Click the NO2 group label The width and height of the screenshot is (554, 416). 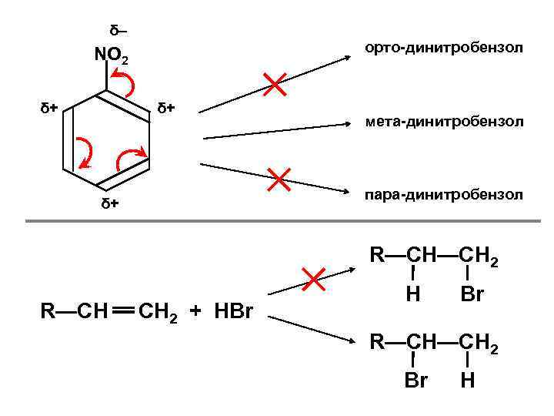click(x=115, y=56)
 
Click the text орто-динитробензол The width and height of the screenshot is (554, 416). click(x=444, y=49)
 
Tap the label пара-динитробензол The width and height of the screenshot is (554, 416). click(x=444, y=195)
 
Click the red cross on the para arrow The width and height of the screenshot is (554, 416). click(x=279, y=179)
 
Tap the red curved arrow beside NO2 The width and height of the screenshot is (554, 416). click(x=125, y=79)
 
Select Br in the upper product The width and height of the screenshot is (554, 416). click(x=472, y=295)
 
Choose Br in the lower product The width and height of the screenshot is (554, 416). click(x=415, y=380)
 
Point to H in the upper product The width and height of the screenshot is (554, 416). click(x=413, y=295)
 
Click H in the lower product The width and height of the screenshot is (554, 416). click(x=467, y=380)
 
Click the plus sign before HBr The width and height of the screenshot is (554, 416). click(x=195, y=311)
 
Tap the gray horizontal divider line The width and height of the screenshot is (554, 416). click(x=277, y=222)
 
